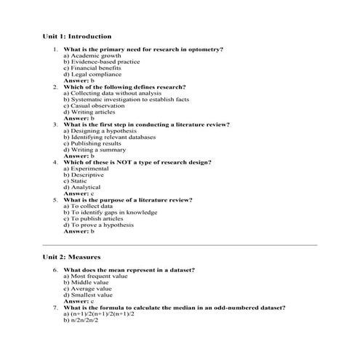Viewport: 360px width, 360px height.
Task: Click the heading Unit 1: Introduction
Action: click(x=77, y=36)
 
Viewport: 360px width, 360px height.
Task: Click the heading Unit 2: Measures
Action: click(x=71, y=257)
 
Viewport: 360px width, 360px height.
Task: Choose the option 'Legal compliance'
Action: click(x=92, y=73)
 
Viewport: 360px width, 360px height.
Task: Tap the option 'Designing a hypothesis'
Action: click(x=97, y=131)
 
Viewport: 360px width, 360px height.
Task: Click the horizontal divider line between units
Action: click(x=180, y=245)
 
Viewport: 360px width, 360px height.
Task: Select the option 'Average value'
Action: click(x=90, y=289)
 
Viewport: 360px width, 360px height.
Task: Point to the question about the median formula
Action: click(x=175, y=308)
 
